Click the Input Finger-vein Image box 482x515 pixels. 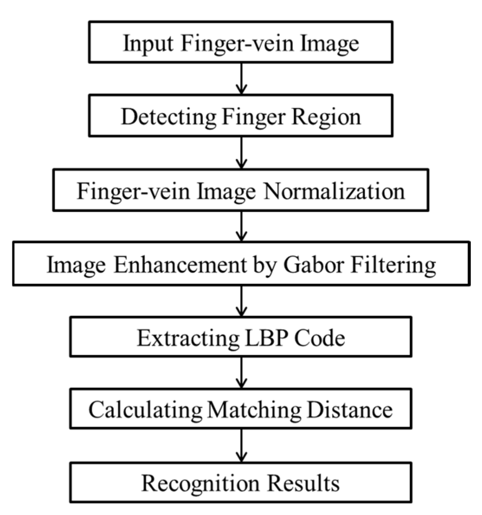tap(241, 44)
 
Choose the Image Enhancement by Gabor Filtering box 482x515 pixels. tap(241, 265)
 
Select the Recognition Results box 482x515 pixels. tap(241, 483)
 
